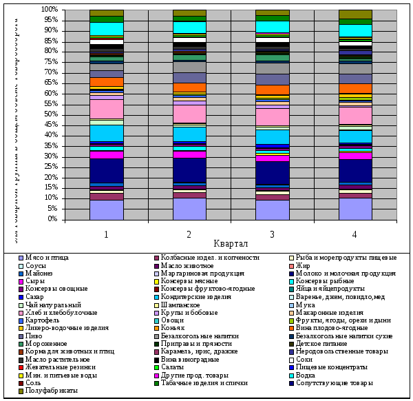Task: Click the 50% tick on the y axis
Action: click(x=50, y=114)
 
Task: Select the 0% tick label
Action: click(x=52, y=219)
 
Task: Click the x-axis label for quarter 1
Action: click(x=107, y=235)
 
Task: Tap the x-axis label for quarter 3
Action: click(x=273, y=235)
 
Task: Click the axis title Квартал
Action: click(x=231, y=245)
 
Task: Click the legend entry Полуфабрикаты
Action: click(x=53, y=390)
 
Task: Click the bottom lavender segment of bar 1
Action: click(x=107, y=209)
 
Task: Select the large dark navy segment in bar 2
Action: click(x=189, y=169)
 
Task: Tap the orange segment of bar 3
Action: click(x=272, y=90)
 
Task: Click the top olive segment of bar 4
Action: click(x=355, y=14)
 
